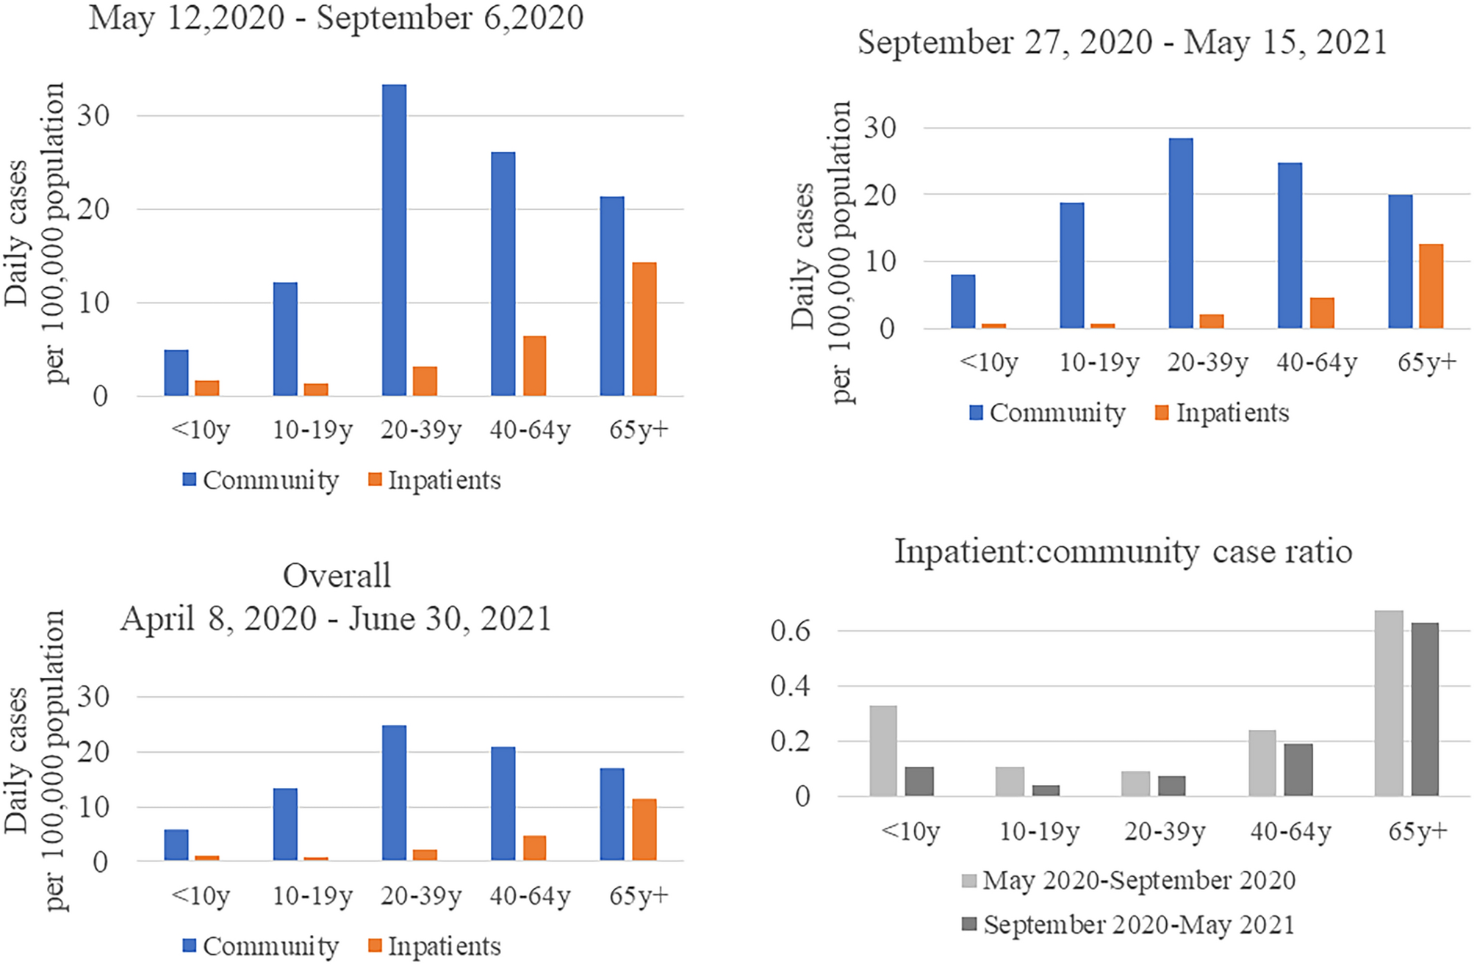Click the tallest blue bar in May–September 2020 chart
pyautogui.click(x=394, y=240)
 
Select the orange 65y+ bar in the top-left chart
pyautogui.click(x=644, y=329)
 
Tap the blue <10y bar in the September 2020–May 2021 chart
pyautogui.click(x=963, y=301)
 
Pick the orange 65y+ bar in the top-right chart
pyautogui.click(x=1431, y=286)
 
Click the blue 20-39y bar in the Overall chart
pyautogui.click(x=394, y=792)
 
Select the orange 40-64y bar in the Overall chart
pyautogui.click(x=534, y=847)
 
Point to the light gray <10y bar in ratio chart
pyautogui.click(x=883, y=750)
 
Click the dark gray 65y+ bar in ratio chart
pyautogui.click(x=1424, y=709)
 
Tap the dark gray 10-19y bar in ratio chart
pyautogui.click(x=1045, y=790)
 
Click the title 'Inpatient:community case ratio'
pyautogui.click(x=1123, y=552)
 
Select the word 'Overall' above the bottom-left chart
pyautogui.click(x=337, y=576)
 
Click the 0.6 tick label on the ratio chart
pyautogui.click(x=790, y=631)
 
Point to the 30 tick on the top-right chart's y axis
pyautogui.click(x=880, y=128)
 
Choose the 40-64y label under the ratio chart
pyautogui.click(x=1290, y=831)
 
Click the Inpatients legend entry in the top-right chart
pyautogui.click(x=1222, y=413)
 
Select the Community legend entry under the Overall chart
pyautogui.click(x=261, y=946)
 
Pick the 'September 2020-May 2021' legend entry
pyautogui.click(x=1129, y=925)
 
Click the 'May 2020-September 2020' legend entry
pyautogui.click(x=1129, y=880)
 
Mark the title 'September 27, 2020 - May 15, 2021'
pyautogui.click(x=1122, y=43)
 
